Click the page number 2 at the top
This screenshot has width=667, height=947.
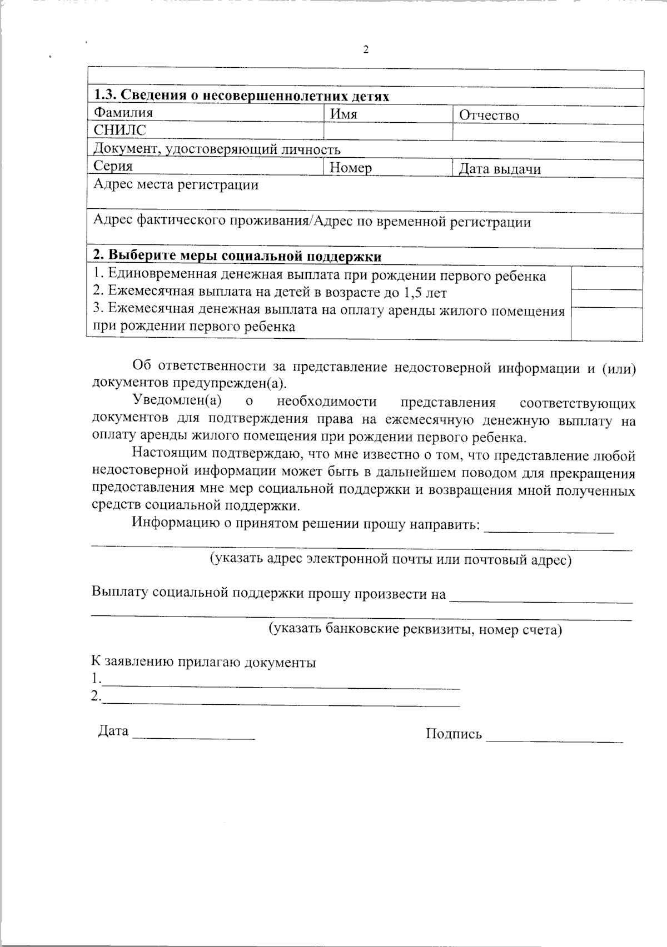click(x=366, y=50)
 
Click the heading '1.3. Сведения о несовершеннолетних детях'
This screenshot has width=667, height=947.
click(x=241, y=96)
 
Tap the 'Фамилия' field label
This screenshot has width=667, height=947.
click(x=123, y=113)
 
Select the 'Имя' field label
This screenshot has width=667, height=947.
click(x=344, y=114)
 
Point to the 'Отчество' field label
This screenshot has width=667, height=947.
click(x=489, y=116)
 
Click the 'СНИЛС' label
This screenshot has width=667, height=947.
click(x=120, y=131)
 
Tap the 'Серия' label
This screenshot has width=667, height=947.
click(x=113, y=166)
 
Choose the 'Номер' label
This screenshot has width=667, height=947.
click(x=350, y=168)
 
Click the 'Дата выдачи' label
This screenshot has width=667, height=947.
click(x=499, y=169)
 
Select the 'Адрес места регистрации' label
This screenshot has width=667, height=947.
click(x=176, y=185)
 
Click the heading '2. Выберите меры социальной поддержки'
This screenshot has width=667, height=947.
click(x=237, y=256)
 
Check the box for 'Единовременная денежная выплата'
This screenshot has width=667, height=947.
click(x=606, y=278)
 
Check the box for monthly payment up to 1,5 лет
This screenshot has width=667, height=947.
click(x=606, y=298)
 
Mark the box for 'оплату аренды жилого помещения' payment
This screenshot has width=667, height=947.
click(x=606, y=323)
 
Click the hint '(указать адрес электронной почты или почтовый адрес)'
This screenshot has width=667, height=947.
click(x=390, y=559)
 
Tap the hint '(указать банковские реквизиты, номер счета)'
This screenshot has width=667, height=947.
click(x=415, y=629)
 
